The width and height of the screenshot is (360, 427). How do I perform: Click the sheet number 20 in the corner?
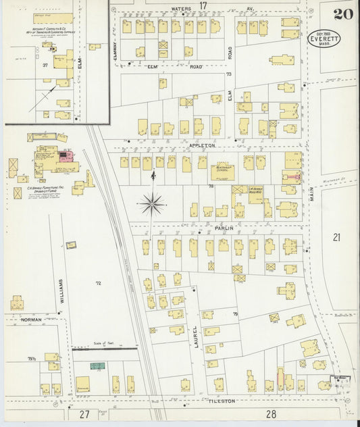pos(342,14)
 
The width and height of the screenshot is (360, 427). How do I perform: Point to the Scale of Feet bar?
pos(105,349)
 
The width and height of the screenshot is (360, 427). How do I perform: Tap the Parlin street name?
pos(224,228)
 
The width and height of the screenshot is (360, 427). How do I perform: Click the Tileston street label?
pos(217,400)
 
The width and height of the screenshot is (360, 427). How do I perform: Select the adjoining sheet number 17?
pos(202,5)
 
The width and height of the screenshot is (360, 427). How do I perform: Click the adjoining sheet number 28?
pos(272,413)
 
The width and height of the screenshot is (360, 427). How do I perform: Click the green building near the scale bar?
pos(98,366)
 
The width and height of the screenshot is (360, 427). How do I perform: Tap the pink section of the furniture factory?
pos(66,155)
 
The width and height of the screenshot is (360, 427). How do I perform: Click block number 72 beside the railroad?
pos(99,282)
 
